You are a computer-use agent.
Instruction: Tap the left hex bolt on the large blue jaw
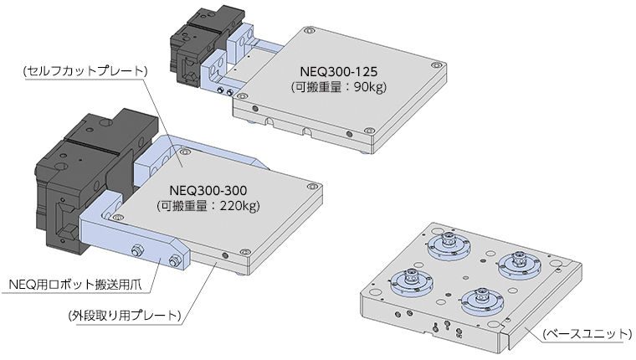[136, 250]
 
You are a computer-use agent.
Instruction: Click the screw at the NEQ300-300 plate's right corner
[311, 186]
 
